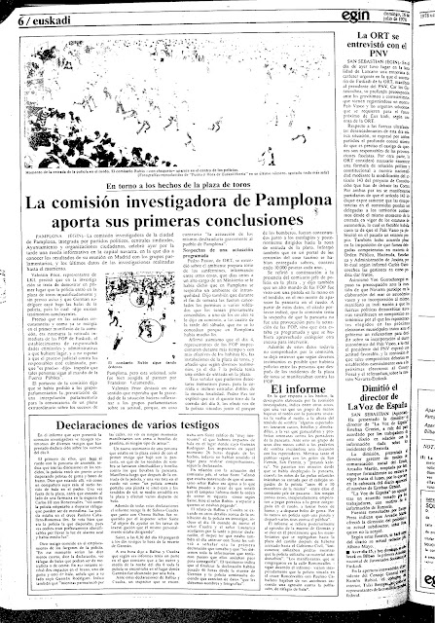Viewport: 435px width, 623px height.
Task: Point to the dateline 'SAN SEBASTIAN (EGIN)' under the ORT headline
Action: tap(346, 79)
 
